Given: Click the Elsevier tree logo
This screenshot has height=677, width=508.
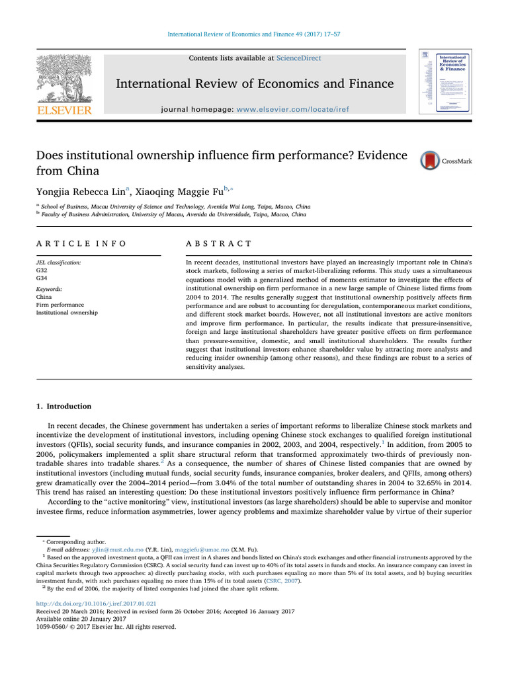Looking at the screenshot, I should (x=63, y=79).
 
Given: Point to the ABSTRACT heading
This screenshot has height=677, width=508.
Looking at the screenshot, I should (x=220, y=243).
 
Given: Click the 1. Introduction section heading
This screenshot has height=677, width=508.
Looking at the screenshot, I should (x=63, y=406).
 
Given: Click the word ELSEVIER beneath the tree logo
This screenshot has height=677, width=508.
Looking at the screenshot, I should (x=63, y=110).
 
